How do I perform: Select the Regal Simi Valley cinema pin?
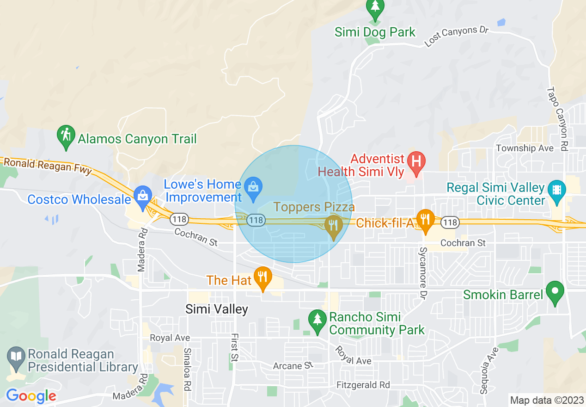click(x=556, y=191)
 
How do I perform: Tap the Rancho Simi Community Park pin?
click(x=317, y=320)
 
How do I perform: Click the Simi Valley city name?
click(x=217, y=309)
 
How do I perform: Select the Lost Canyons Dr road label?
click(x=456, y=36)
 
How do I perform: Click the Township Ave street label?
click(x=525, y=148)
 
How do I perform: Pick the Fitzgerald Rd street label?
click(x=363, y=385)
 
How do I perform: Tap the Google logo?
click(x=31, y=396)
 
